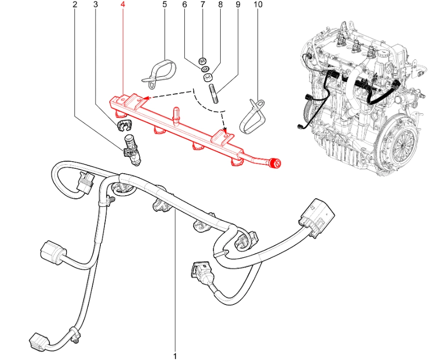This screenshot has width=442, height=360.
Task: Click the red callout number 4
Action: coord(122,4)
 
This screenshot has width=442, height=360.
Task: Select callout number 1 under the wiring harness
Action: coord(175,356)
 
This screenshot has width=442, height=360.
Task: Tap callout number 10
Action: coord(258,4)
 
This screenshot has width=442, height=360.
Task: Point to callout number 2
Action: coord(75,4)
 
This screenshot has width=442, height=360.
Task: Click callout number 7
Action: coord(202,4)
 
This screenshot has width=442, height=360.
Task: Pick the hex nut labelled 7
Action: coord(202,60)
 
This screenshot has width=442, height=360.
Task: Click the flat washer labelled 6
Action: coord(205,69)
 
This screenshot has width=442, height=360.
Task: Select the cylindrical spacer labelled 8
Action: coord(208,77)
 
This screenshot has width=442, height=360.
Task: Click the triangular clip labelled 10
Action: coord(253,117)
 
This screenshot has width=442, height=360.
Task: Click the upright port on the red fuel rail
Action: coord(176,114)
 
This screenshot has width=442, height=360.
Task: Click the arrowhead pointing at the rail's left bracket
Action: coord(145,97)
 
